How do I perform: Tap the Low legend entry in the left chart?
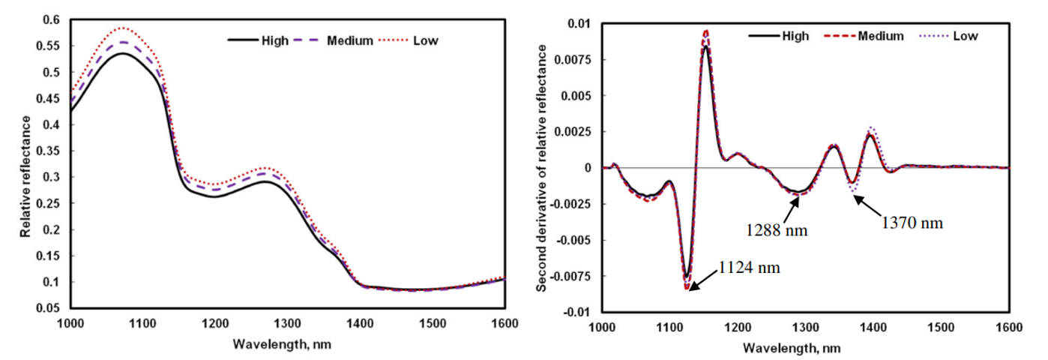425,40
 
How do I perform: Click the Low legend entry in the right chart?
966,36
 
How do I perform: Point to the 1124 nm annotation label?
749,267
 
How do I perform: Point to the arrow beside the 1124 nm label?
703,278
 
